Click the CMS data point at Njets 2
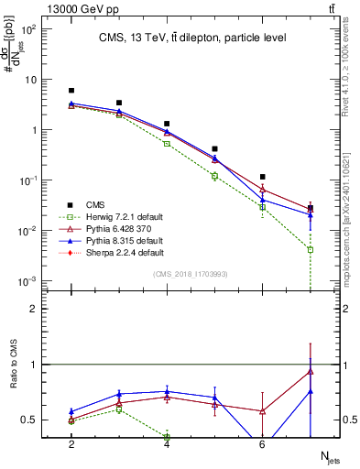(x=71, y=91)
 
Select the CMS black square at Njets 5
(x=214, y=148)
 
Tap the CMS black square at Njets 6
(x=262, y=177)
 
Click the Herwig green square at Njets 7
(x=311, y=249)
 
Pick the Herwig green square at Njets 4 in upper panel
(x=167, y=144)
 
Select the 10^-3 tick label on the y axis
(x=29, y=280)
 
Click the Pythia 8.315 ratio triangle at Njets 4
(x=167, y=391)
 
